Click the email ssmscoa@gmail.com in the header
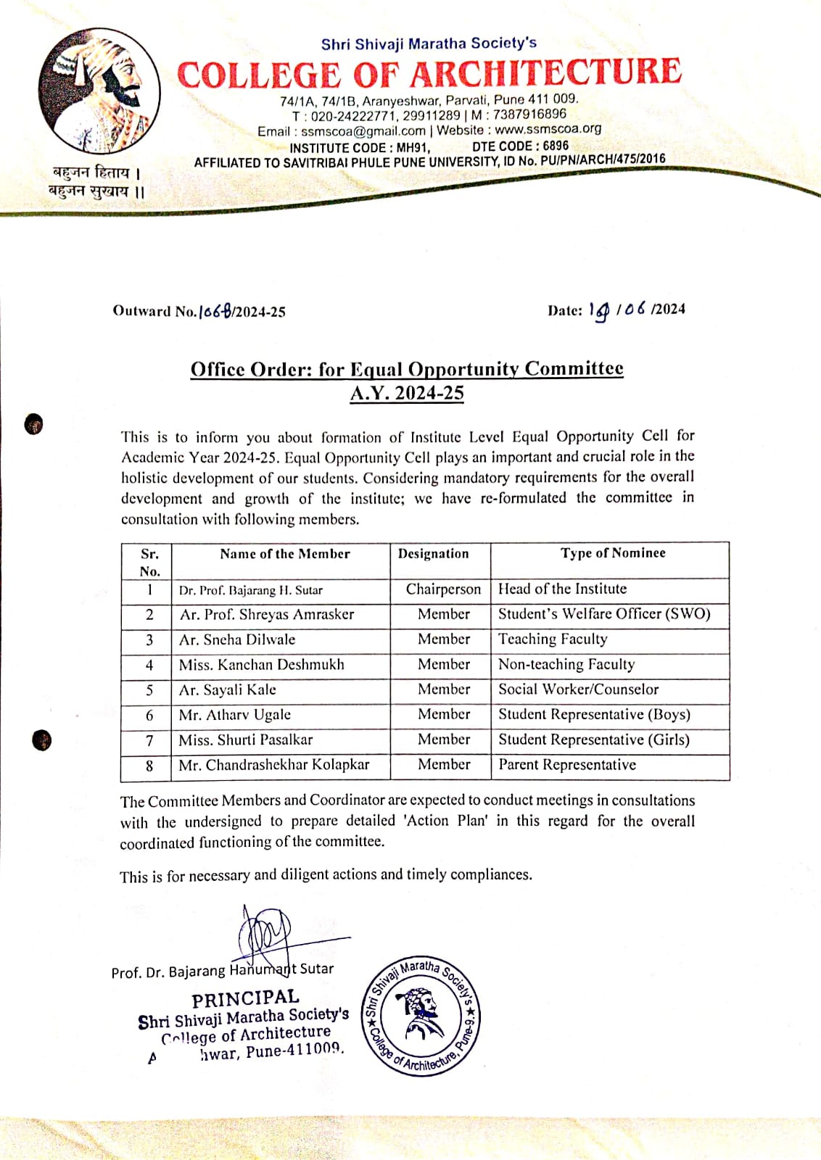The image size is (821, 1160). point(363,131)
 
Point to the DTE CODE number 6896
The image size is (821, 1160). point(556,146)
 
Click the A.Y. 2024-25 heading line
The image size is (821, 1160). point(407,394)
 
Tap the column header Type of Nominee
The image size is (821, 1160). point(612,553)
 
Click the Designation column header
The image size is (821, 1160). point(433,554)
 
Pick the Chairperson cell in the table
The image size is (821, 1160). point(443,589)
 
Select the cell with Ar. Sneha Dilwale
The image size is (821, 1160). point(237,639)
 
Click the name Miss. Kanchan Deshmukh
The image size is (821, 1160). point(261,665)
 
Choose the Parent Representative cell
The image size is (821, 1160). point(566,765)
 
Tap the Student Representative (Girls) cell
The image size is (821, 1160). point(593,739)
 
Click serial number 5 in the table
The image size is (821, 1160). point(149,690)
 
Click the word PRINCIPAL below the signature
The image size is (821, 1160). point(245,998)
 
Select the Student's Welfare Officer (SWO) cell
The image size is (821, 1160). point(603,614)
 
